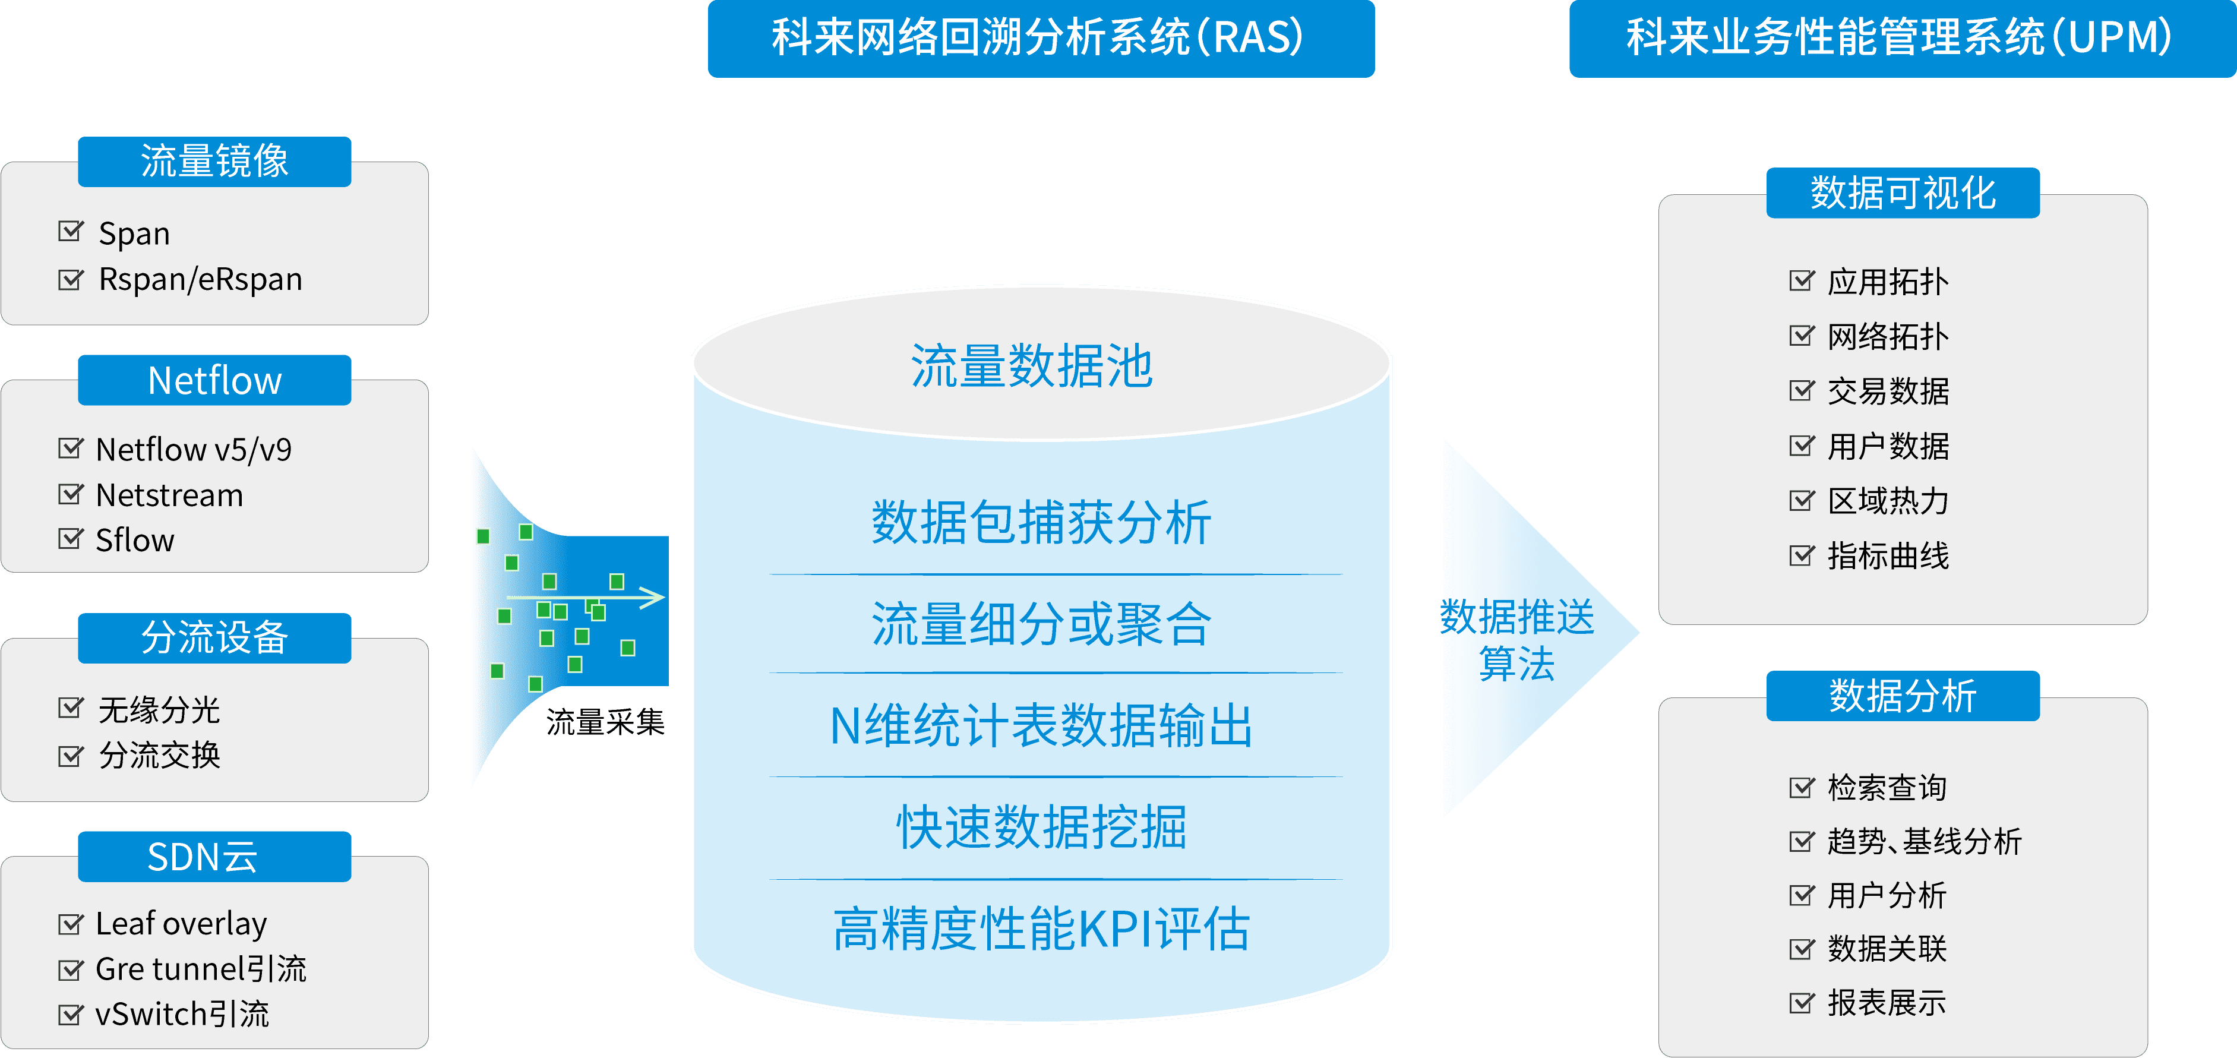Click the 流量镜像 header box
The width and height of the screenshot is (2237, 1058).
click(x=214, y=162)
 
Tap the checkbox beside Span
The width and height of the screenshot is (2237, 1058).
click(x=69, y=232)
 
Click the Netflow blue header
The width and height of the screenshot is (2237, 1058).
click(x=214, y=380)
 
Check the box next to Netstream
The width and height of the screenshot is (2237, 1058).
click(x=69, y=494)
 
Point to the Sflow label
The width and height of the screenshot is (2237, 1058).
click(x=135, y=541)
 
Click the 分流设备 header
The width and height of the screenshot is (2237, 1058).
click(x=214, y=637)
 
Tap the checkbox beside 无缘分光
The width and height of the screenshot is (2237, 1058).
click(x=69, y=708)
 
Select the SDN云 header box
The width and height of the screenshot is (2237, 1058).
click(x=214, y=857)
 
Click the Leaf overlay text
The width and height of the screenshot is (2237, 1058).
click(x=181, y=923)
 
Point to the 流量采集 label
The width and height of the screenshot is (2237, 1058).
click(x=605, y=722)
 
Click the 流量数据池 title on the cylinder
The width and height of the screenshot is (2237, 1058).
click(x=1032, y=366)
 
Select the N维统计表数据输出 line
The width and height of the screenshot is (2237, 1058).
click(x=1041, y=726)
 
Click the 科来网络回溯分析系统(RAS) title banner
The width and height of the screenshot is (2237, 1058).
click(x=1040, y=38)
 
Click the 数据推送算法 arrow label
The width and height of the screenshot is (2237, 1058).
click(x=1517, y=639)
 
